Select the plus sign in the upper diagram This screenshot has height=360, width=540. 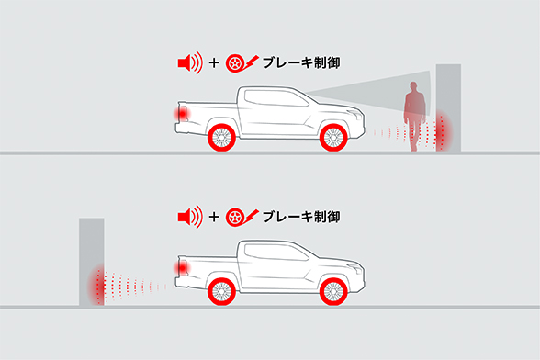click(214, 63)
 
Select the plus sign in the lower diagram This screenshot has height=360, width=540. click(214, 219)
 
